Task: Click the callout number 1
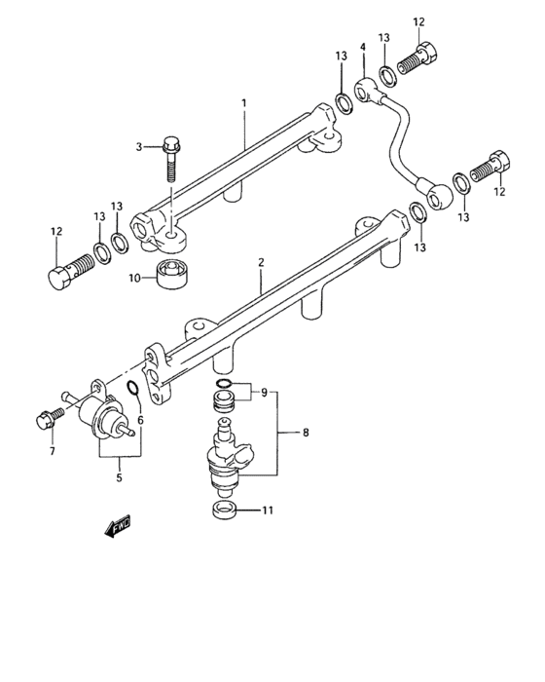[245, 102]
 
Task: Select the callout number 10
[136, 278]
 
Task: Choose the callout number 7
[53, 452]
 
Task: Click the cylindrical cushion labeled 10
[173, 276]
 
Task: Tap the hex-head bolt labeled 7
[45, 421]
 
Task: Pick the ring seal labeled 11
[224, 511]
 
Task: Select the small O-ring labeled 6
[132, 393]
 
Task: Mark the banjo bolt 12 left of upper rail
[63, 273]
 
